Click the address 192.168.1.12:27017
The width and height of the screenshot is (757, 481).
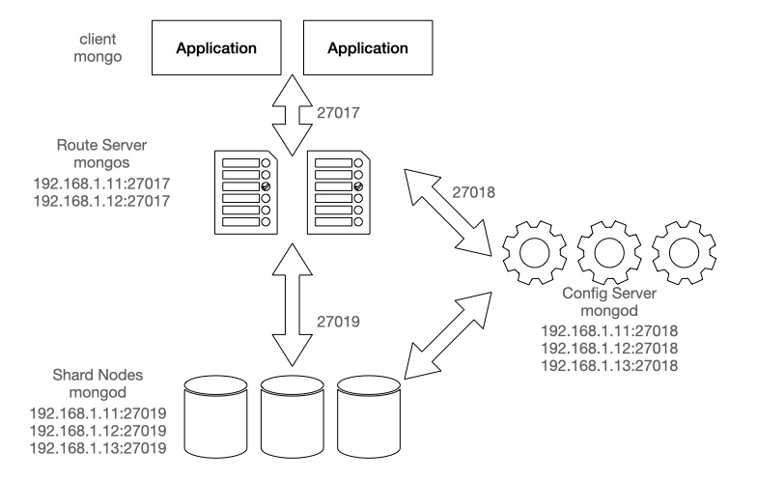pos(101,201)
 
